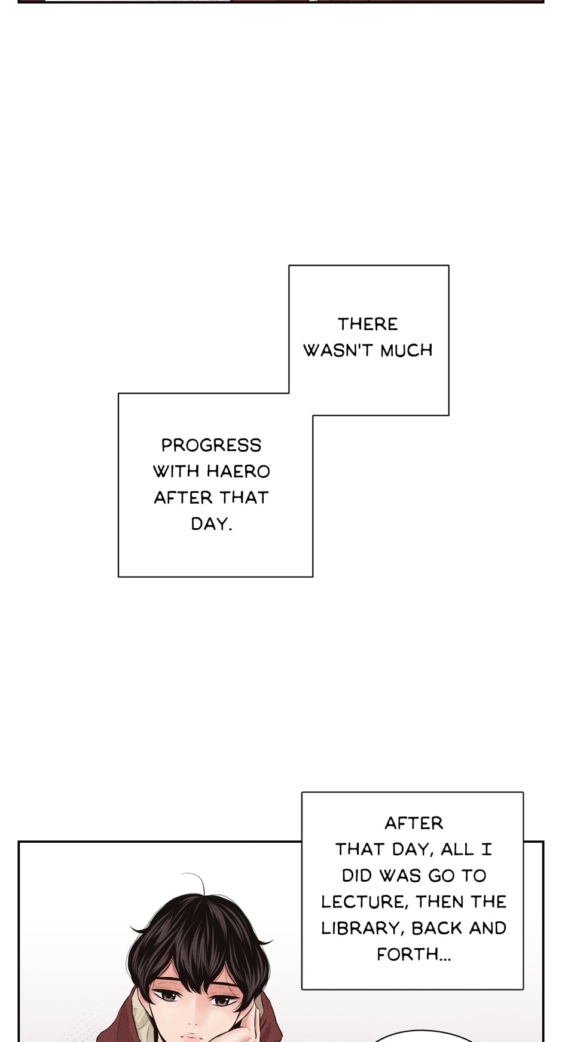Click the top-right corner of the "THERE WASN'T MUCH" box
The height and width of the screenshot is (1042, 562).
pos(448,266)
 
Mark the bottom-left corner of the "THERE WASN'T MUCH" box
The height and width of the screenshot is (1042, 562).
pos(289,393)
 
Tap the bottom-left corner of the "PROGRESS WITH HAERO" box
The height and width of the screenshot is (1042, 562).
pos(118,577)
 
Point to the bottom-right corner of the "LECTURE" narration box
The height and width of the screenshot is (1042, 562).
pos(523,989)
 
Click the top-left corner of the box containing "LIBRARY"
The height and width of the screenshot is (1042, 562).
pos(302,793)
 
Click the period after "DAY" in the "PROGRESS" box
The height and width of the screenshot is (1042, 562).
pos(230,529)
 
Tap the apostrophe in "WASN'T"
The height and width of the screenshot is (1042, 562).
pos(352,345)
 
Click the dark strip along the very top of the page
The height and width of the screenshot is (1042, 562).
pos(281,1)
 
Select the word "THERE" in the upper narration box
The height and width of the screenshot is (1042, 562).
pos(368,324)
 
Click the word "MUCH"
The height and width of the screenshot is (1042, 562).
pos(407,351)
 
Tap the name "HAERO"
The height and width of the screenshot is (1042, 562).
pos(239,471)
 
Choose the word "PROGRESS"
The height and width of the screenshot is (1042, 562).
pos(211,445)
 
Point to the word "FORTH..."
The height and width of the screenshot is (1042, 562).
pos(414,954)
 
